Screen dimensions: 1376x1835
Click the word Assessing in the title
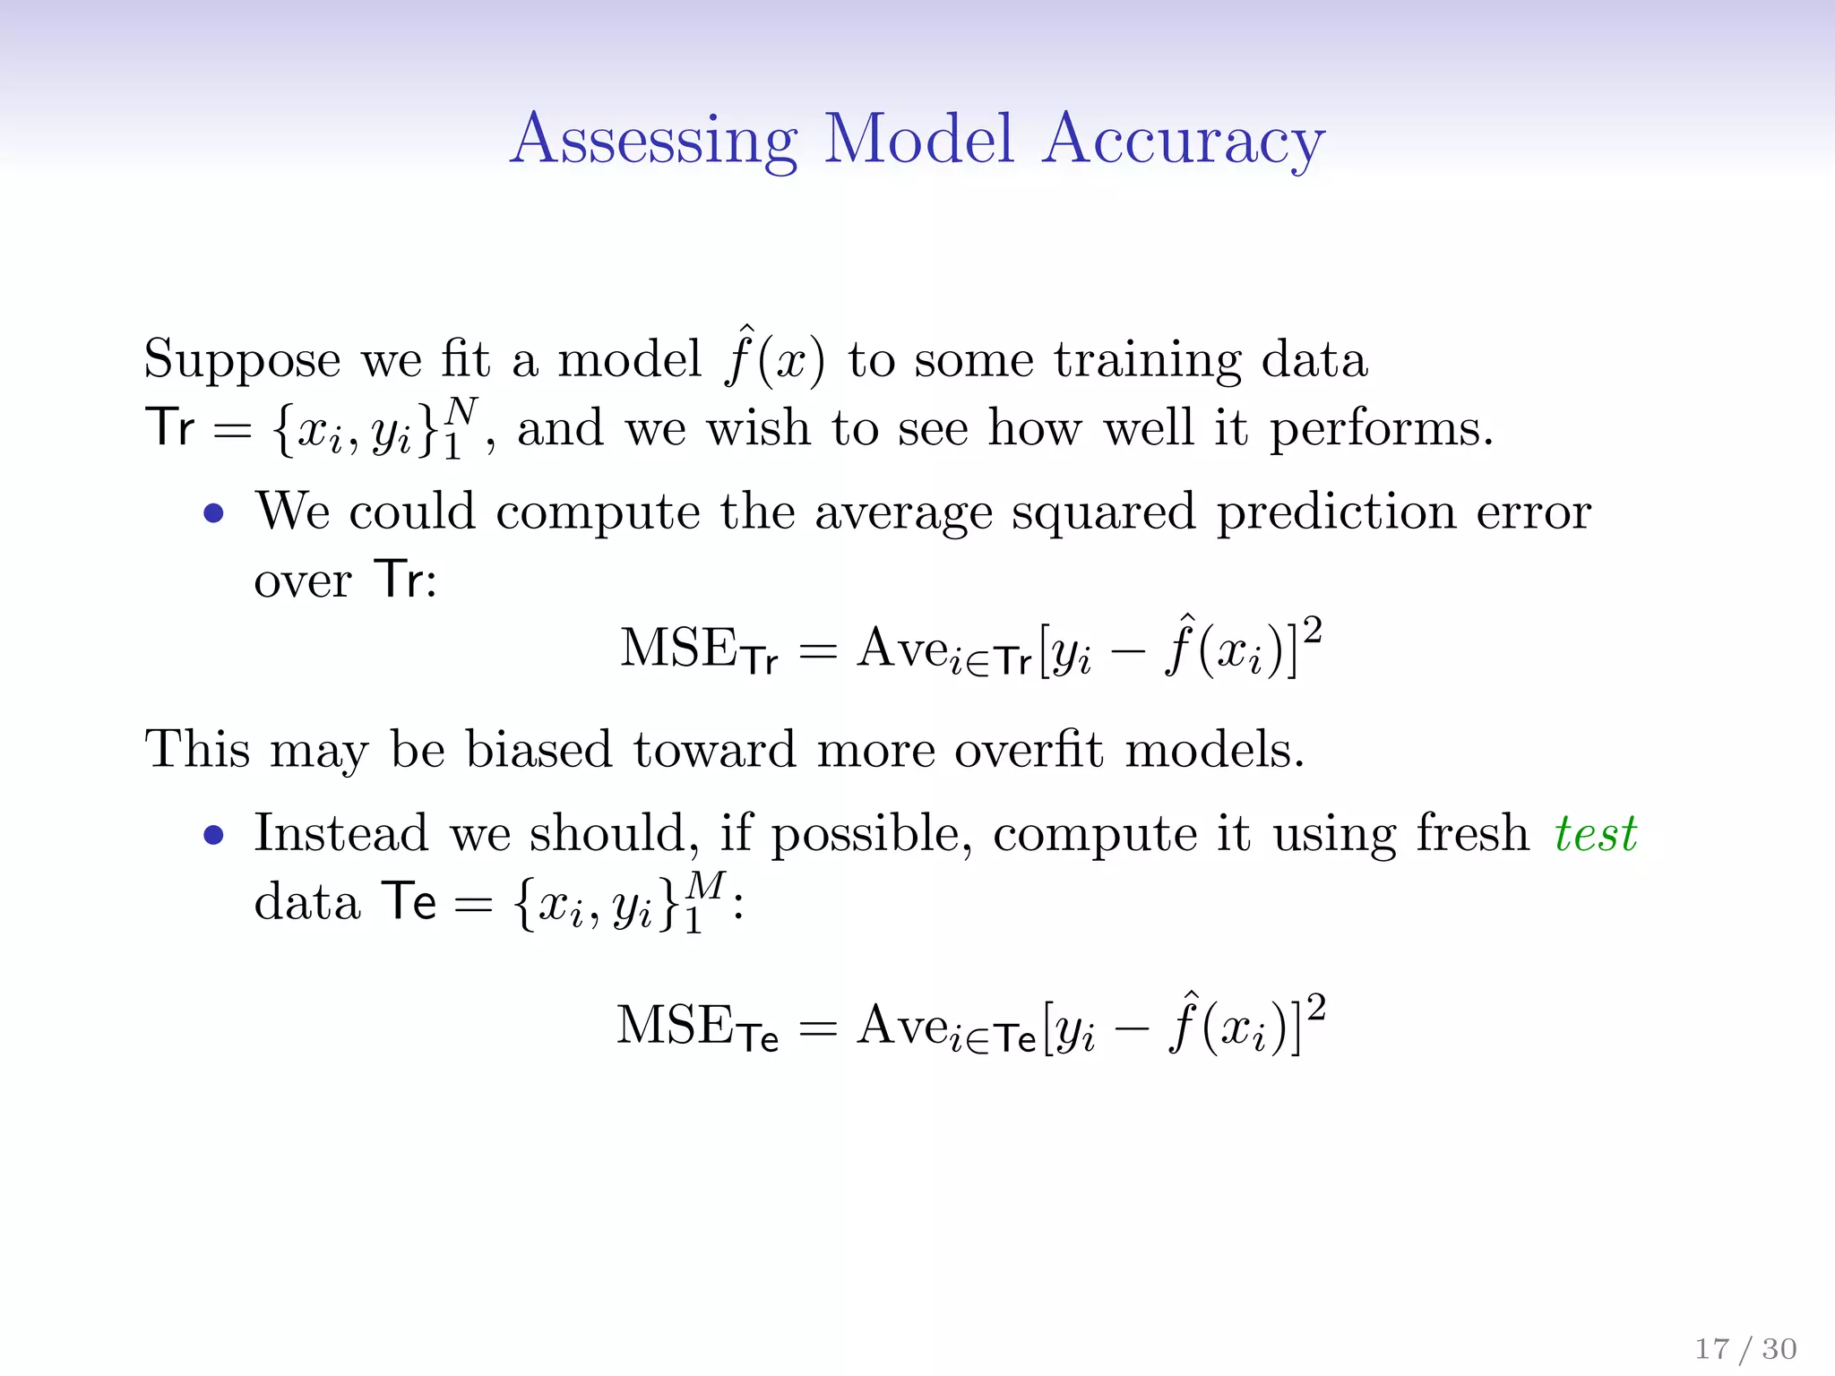pos(653,141)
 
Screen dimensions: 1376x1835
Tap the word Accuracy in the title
pos(1183,141)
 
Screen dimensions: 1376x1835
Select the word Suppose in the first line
pos(242,361)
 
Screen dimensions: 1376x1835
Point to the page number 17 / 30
pos(1745,1348)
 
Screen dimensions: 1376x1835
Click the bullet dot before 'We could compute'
pos(213,514)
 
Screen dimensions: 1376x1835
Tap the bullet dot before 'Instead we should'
pos(213,836)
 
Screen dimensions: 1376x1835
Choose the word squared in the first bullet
pos(1103,514)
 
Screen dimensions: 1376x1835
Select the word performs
pos(1380,430)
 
